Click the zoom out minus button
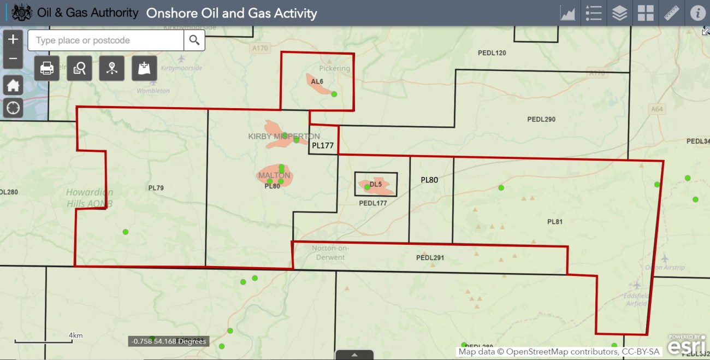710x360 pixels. [13, 58]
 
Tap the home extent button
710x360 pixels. [13, 85]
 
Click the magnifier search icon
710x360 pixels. [194, 40]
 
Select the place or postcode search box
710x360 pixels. [106, 40]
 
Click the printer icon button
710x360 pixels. [47, 68]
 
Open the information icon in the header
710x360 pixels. [697, 13]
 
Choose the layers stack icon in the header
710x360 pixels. [619, 13]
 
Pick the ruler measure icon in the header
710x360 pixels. [671, 13]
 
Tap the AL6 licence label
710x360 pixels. [317, 81]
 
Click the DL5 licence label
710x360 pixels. [376, 185]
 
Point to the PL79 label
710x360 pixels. [156, 188]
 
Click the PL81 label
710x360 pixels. [555, 222]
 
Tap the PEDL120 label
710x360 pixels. [492, 53]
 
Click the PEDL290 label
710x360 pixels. [541, 119]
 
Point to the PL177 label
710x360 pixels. [323, 146]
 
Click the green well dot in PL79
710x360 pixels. [126, 232]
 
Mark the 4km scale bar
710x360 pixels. [44, 341]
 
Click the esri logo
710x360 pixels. [682, 346]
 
